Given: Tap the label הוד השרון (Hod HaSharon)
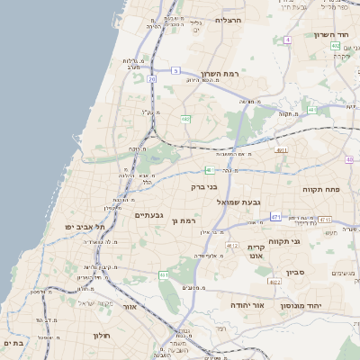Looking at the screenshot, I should (x=331, y=34).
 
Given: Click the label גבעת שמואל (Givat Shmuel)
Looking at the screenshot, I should (x=238, y=202).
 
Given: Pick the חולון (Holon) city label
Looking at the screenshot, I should (x=100, y=335).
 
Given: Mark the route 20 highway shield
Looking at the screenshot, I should (x=152, y=79).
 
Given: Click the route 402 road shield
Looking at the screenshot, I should (x=335, y=45).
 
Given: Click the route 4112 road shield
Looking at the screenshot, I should (x=325, y=220).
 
